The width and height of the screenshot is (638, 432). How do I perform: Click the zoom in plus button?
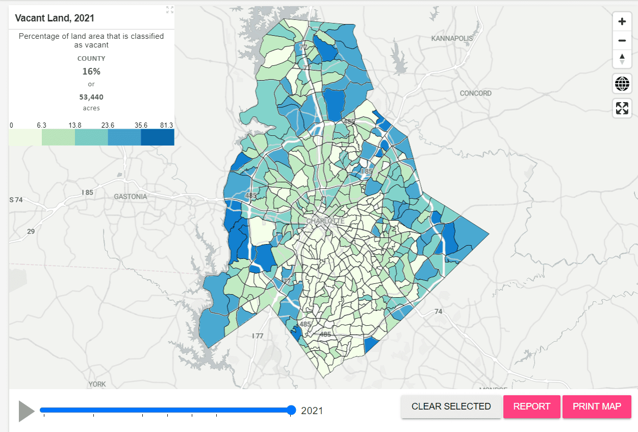tap(622, 21)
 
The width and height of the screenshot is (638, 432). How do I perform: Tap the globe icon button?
tap(622, 83)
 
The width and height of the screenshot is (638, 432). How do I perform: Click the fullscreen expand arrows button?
tap(622, 108)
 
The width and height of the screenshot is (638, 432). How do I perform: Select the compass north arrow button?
tap(622, 59)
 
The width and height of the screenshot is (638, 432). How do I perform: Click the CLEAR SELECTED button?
tap(451, 406)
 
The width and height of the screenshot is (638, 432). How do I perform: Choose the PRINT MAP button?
tap(597, 406)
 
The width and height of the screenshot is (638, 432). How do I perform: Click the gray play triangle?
tap(25, 411)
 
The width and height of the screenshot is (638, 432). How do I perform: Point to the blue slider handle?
tap(291, 410)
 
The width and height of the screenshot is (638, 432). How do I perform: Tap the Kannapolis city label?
tap(452, 38)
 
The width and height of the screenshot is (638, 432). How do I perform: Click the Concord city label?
tap(475, 93)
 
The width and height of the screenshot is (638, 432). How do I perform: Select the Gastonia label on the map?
tap(130, 197)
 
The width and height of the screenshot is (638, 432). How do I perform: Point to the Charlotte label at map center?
tap(325, 222)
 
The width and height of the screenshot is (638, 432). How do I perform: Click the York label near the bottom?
tap(97, 384)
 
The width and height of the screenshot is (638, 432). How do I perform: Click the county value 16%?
tap(92, 71)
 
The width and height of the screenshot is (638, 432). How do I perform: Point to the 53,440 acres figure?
tap(92, 97)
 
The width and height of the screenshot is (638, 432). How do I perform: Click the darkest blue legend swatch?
tap(157, 137)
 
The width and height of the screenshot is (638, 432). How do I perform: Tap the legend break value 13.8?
tap(75, 125)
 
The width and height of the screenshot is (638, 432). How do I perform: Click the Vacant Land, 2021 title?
tap(55, 18)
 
